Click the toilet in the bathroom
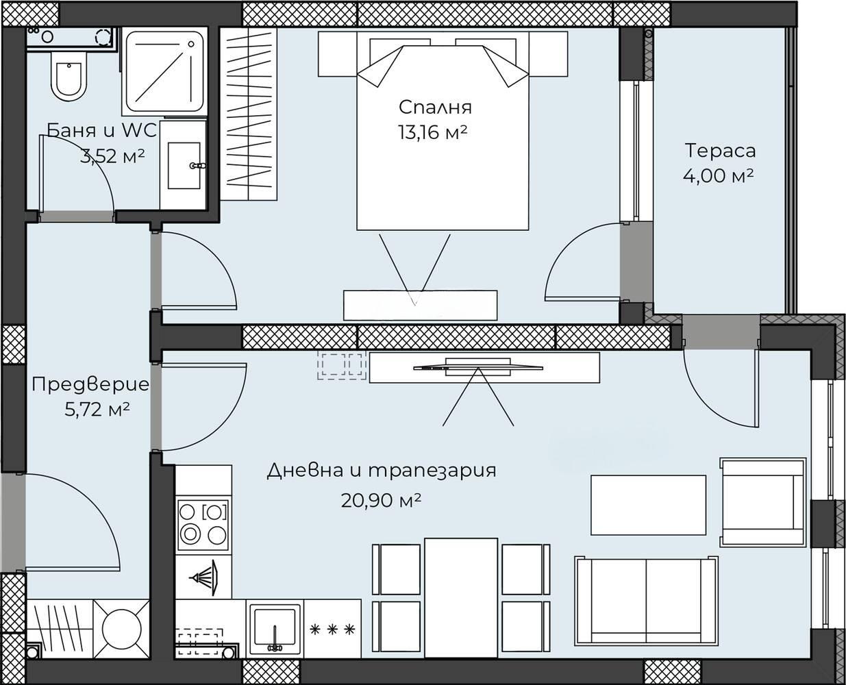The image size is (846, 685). click(x=69, y=77)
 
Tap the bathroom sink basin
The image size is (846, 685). click(x=184, y=165)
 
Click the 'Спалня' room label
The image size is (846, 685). click(x=435, y=108)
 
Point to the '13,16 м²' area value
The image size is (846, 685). click(x=432, y=132)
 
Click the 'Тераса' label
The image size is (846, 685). click(x=720, y=151)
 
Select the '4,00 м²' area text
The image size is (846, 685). click(x=718, y=175)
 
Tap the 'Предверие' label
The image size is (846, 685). click(x=90, y=385)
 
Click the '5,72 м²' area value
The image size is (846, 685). click(x=97, y=410)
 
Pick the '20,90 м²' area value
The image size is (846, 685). click(x=381, y=501)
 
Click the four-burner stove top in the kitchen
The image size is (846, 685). click(x=203, y=525)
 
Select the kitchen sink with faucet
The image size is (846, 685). click(x=275, y=632)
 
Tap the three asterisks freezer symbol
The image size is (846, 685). click(x=332, y=630)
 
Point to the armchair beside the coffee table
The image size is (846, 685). click(x=762, y=503)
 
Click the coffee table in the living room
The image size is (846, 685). click(x=648, y=505)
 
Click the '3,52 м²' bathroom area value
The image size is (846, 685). click(x=112, y=157)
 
